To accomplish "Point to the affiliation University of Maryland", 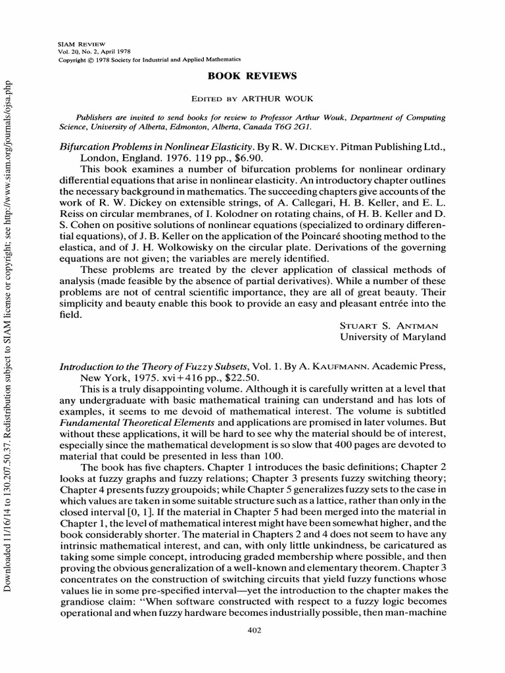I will click(x=392, y=336).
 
